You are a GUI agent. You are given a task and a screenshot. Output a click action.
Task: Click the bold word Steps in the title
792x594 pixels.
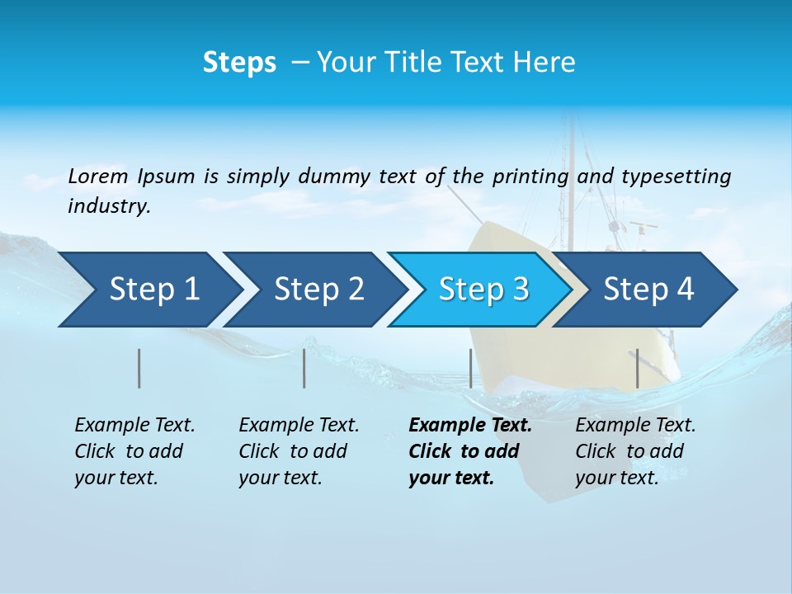pyautogui.click(x=239, y=63)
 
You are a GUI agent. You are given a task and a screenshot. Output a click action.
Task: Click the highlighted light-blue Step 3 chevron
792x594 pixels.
pyautogui.click(x=483, y=290)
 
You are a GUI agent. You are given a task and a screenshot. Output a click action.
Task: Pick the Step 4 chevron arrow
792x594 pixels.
pyautogui.click(x=648, y=290)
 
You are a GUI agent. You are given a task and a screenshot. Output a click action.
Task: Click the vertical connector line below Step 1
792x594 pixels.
pyautogui.click(x=139, y=368)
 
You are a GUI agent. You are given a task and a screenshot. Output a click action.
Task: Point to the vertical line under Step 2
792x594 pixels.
pyautogui.click(x=304, y=368)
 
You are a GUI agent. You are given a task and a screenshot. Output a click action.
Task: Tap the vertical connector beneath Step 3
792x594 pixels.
pyautogui.click(x=470, y=368)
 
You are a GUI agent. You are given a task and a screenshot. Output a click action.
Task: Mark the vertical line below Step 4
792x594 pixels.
pyautogui.click(x=637, y=368)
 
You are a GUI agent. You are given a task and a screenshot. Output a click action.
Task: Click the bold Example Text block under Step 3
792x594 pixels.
pyautogui.click(x=470, y=451)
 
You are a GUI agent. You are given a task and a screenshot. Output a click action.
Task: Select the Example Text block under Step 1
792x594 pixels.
pyautogui.click(x=134, y=451)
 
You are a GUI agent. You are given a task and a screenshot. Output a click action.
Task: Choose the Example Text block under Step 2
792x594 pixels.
pyautogui.click(x=299, y=451)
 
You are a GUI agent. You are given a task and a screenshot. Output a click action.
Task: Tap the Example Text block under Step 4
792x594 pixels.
pyautogui.click(x=635, y=451)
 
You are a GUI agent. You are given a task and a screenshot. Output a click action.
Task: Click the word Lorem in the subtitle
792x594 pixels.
pyautogui.click(x=98, y=177)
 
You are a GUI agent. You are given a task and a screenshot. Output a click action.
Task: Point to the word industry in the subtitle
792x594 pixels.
pyautogui.click(x=109, y=206)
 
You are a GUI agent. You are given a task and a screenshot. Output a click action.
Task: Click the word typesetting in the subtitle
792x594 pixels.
pyautogui.click(x=676, y=177)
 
